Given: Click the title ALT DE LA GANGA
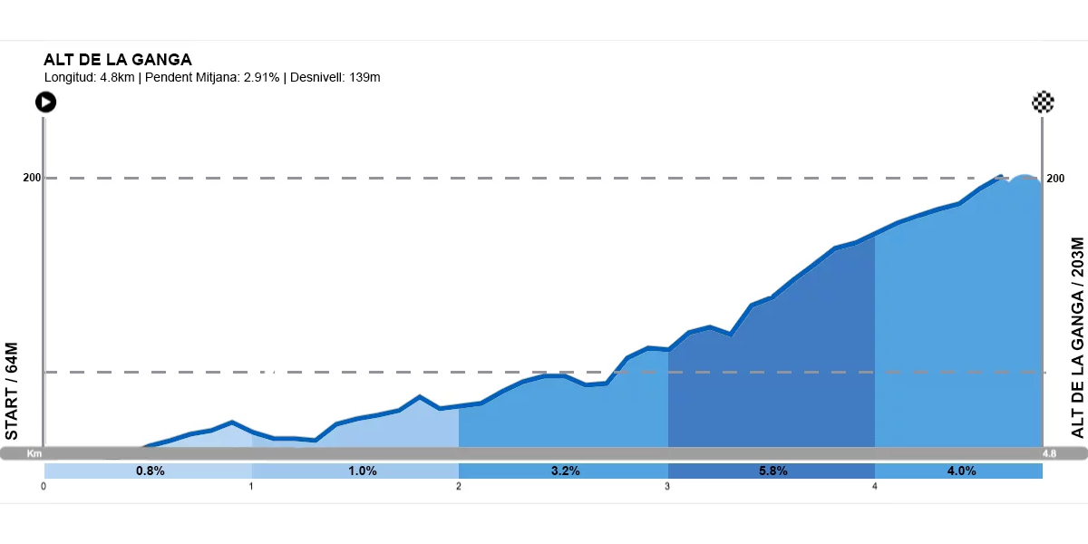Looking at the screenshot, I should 118,60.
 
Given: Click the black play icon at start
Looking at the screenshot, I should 45,102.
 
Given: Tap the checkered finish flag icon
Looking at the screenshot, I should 1043,102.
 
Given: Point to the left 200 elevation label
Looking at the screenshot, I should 32,178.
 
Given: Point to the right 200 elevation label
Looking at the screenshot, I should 1055,178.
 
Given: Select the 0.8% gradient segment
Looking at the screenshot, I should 150,471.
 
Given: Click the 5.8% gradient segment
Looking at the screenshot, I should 772,471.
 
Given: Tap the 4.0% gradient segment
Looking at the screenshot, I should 961,471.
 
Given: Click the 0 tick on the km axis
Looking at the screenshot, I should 44,486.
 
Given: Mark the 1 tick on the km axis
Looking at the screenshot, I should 251,486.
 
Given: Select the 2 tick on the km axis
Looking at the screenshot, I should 459,486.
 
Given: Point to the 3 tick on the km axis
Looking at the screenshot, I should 667,486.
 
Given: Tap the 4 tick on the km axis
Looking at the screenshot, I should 875,486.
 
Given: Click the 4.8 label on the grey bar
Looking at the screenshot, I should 1049,453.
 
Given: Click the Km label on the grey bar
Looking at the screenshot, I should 34,453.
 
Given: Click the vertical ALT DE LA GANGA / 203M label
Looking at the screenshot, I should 1077,337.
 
